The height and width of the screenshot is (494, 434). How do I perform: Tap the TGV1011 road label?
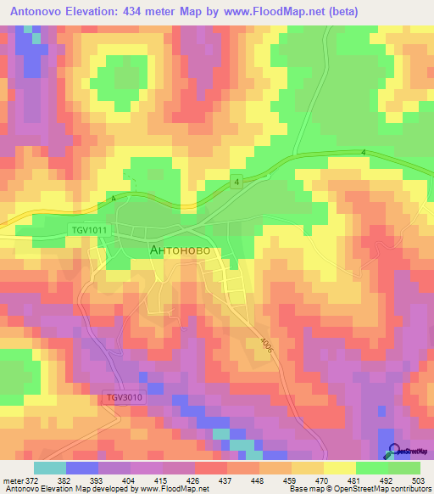pyautogui.click(x=90, y=230)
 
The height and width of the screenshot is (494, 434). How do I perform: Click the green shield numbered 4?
pyautogui.click(x=238, y=182)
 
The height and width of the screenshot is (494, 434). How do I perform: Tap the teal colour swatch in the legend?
pyautogui.click(x=49, y=468)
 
